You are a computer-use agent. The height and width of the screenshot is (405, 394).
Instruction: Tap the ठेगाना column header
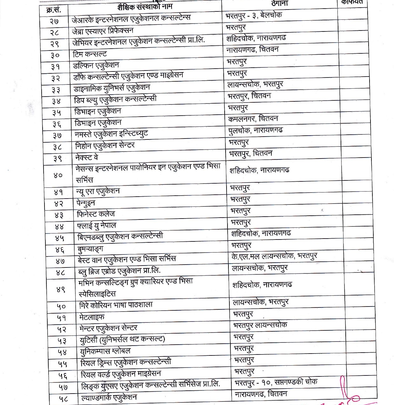coord(280,3)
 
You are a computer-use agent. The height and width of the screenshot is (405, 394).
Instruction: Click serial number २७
coord(54,21)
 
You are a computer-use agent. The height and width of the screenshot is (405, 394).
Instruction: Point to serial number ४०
coord(58,175)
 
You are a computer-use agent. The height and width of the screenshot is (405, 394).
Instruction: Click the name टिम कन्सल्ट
coord(90,54)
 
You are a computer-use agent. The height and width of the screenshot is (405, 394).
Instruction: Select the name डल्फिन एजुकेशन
coord(96,66)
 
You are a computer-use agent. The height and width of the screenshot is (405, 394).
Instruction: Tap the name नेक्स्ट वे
coord(86,158)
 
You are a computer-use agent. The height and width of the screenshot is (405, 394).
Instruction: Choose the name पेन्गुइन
coord(86,203)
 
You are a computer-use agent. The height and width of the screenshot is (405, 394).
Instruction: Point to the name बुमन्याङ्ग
coord(90,249)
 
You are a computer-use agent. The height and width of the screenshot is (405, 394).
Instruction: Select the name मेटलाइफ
coord(92,317)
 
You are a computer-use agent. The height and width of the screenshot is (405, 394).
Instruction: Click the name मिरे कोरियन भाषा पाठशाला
coord(116,305)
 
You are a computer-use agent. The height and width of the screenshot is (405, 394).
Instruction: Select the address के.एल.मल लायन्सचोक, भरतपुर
coord(274,256)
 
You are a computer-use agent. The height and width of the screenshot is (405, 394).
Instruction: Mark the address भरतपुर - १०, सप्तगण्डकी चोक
coord(276,382)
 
